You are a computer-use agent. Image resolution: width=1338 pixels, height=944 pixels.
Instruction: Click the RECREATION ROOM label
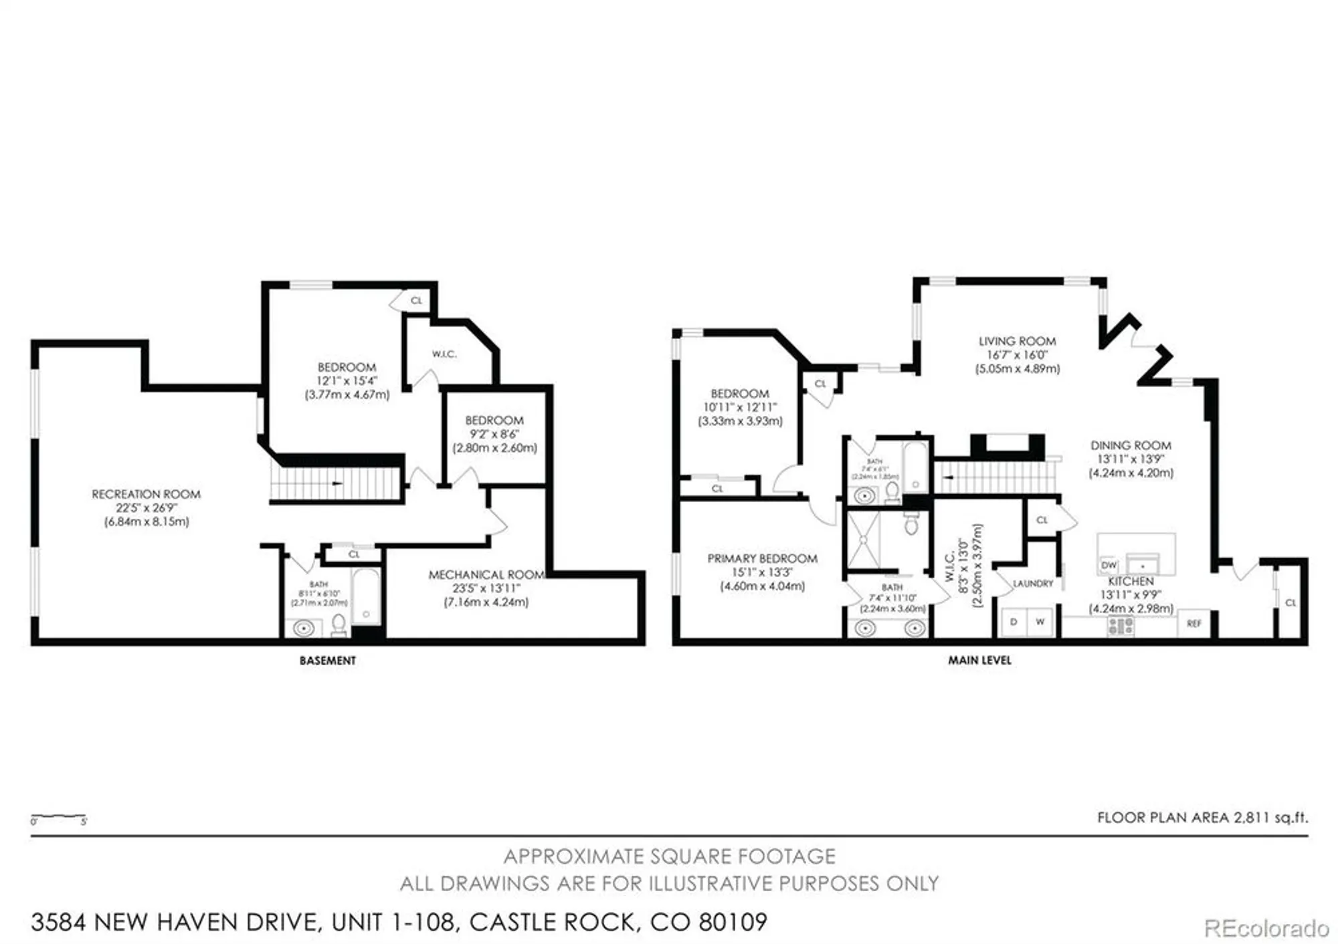pos(146,494)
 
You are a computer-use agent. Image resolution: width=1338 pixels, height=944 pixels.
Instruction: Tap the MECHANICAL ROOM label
pos(486,574)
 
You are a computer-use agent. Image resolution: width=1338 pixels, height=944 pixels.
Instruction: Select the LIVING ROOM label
pos(1017,341)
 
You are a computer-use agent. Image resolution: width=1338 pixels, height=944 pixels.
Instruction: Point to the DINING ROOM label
pos(1131,445)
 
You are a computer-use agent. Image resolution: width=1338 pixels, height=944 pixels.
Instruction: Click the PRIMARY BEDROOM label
pos(762,558)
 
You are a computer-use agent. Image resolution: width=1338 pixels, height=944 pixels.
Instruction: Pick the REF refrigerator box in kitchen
pos(1194,623)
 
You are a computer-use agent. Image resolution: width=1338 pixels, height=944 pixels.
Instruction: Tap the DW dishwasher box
pos(1109,566)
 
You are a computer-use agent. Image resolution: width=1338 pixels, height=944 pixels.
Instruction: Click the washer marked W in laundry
pos(1040,622)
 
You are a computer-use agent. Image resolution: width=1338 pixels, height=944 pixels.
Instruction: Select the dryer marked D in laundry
pos(1014,622)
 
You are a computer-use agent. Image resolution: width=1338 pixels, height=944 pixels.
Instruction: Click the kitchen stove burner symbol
pos(1121,626)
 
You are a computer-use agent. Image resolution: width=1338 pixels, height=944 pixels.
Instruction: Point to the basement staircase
pos(334,483)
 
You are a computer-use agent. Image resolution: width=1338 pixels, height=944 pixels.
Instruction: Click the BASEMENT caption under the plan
pos(327,661)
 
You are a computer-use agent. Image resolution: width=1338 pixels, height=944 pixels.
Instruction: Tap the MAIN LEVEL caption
pos(979,660)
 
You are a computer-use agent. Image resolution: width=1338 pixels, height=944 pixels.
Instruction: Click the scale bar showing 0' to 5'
pos(58,819)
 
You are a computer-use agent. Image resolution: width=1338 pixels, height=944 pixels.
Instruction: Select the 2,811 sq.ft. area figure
pos(1270,817)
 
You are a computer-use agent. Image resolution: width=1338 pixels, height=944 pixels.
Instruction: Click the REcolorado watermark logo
pos(1266,928)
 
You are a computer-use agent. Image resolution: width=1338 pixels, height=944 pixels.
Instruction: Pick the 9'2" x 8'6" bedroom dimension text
pos(494,434)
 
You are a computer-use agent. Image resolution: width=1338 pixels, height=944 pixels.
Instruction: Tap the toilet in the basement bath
pos(339,625)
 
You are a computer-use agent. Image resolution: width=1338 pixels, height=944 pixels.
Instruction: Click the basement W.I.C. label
pos(444,354)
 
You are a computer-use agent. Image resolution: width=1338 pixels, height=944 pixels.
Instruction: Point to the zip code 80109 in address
pos(733,922)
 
